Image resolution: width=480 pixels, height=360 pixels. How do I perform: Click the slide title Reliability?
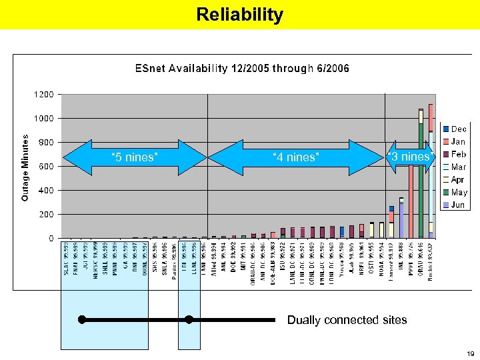point(240,15)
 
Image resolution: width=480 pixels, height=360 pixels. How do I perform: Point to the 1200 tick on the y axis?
point(44,95)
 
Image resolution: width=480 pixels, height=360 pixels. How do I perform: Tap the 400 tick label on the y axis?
point(45,191)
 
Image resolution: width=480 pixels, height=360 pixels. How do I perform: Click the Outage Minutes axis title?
point(25,167)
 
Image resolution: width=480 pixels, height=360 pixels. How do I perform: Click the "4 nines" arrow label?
point(296,157)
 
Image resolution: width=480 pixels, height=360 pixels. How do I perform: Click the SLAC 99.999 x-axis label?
point(67,261)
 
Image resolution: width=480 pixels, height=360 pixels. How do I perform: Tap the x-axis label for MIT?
point(243,257)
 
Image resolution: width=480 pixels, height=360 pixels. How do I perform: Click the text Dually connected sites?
point(347,320)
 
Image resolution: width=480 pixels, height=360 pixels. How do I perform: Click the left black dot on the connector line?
point(81,319)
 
